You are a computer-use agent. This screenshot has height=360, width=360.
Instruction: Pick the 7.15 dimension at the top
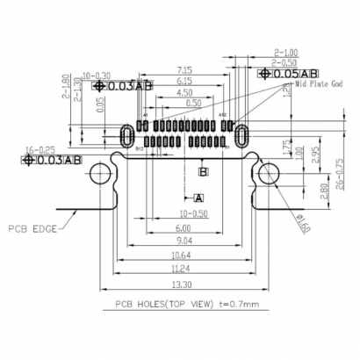coord(185,68)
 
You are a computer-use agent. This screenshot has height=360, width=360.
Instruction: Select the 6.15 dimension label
coord(185,80)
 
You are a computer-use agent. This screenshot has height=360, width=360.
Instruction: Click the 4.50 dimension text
coord(185,92)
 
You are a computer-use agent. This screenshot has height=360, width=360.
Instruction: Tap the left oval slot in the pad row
coord(127,134)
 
